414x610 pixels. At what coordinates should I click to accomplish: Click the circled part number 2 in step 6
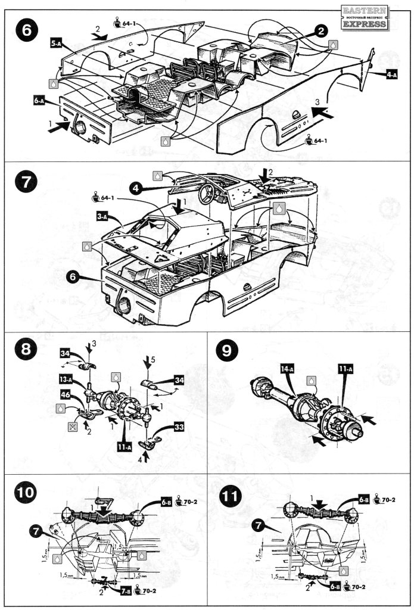320,31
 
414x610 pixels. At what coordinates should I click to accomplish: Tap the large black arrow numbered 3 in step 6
319,110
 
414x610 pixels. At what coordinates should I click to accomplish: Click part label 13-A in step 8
67,379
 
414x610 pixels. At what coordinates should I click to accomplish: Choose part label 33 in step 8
178,427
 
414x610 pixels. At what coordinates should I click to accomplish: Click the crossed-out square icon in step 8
55,427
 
